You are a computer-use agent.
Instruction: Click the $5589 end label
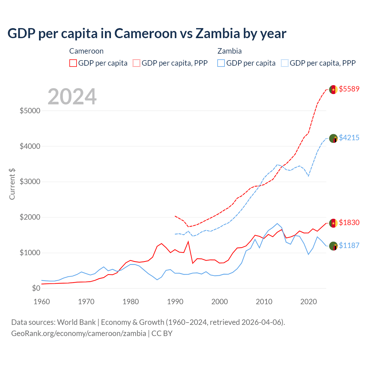point(349,89)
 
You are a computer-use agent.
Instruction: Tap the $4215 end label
point(349,138)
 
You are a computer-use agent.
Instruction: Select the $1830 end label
point(349,222)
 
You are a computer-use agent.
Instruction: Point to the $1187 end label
point(349,245)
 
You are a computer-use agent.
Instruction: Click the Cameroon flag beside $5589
point(333,90)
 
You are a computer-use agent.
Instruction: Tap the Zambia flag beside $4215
point(333,138)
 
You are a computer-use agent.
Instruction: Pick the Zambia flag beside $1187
point(333,246)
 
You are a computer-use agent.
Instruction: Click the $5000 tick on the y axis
point(30,111)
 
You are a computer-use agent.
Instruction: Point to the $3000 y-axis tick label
point(30,182)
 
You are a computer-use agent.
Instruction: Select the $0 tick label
point(36,288)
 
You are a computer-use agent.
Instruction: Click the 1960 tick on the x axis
point(42,302)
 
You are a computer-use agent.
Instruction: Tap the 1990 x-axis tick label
point(175,302)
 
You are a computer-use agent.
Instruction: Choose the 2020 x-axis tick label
point(309,302)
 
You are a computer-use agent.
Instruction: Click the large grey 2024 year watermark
point(72,97)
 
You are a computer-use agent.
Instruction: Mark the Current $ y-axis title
point(12,184)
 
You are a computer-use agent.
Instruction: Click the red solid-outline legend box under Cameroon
point(73,63)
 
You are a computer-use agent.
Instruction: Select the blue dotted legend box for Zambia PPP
point(285,63)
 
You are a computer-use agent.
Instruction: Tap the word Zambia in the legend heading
point(229,51)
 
